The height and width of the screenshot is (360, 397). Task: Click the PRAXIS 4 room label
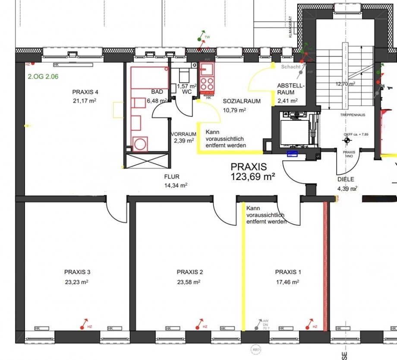point(85,92)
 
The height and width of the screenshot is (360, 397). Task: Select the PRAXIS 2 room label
point(189,272)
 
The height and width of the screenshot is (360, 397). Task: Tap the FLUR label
point(171,177)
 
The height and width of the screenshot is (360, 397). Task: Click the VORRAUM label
point(183,134)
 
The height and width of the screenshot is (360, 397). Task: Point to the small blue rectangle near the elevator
point(293,153)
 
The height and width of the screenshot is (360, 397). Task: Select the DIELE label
point(345,179)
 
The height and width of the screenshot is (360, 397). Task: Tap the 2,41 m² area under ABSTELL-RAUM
point(287,101)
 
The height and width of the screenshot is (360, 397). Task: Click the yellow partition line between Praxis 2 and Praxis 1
point(243,268)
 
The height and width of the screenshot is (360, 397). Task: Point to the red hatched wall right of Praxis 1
point(326,268)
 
